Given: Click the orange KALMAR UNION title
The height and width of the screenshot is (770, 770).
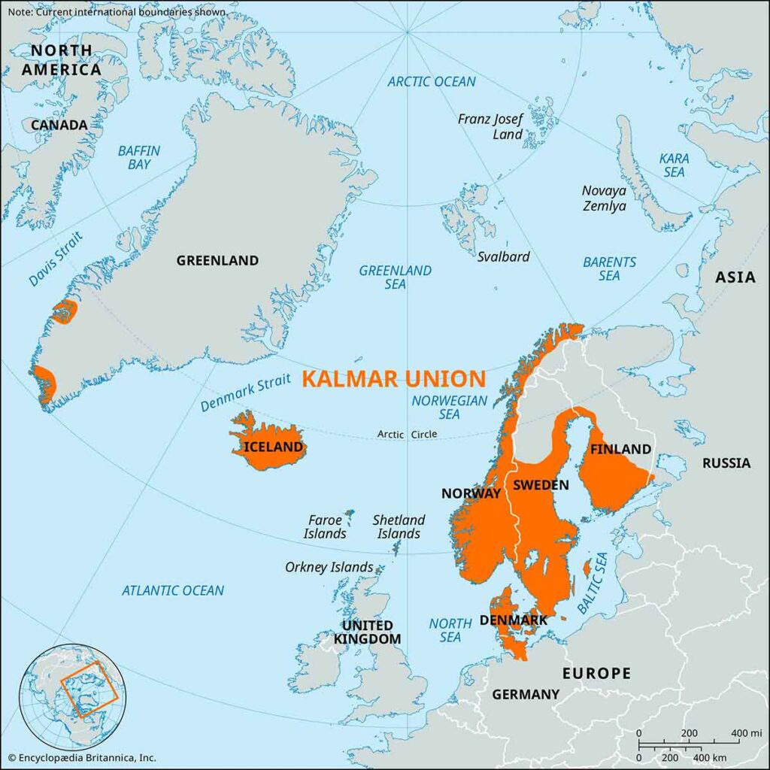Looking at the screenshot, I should point(393,378).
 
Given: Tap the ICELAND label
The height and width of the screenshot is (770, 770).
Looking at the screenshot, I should point(274,448).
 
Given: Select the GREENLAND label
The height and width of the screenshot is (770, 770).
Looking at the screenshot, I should point(217,261).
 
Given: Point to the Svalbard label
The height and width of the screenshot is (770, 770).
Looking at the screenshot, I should point(503,256).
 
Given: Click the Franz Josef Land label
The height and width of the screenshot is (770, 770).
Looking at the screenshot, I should point(491,126).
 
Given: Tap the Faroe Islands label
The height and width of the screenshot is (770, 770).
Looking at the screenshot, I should point(326,526).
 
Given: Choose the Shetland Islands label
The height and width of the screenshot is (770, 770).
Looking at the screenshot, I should point(399,526).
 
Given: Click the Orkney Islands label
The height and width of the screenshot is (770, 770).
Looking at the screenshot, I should point(329,567).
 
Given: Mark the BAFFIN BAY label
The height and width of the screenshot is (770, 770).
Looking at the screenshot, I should point(139,157).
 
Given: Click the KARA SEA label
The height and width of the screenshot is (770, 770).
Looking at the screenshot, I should point(673,165).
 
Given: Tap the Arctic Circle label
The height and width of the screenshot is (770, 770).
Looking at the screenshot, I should point(407,435).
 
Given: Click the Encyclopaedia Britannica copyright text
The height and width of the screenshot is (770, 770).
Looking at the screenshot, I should point(81,758).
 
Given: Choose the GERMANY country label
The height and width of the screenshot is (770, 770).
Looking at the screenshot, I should point(526,695).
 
